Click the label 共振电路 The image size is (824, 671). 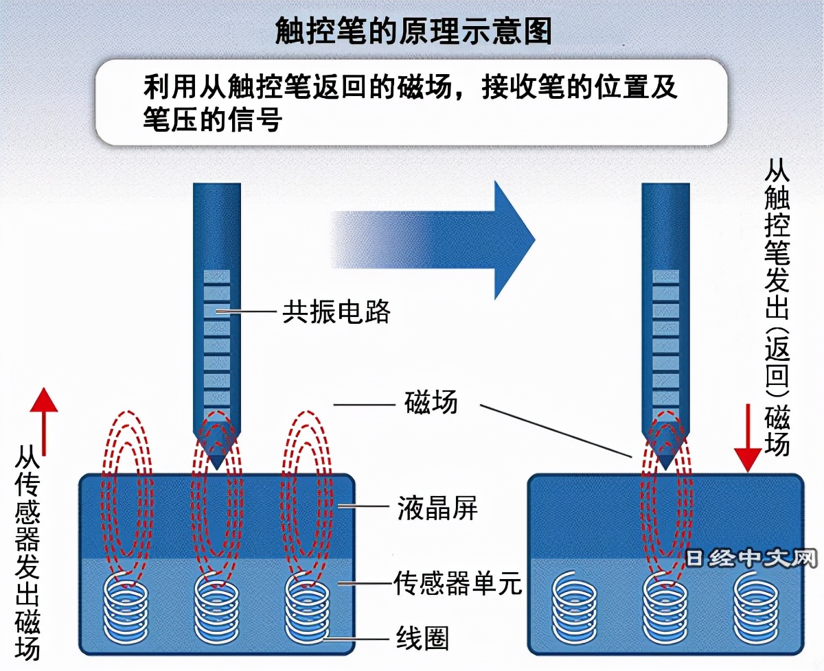[x=336, y=312]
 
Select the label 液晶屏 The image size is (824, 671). [x=437, y=509]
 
